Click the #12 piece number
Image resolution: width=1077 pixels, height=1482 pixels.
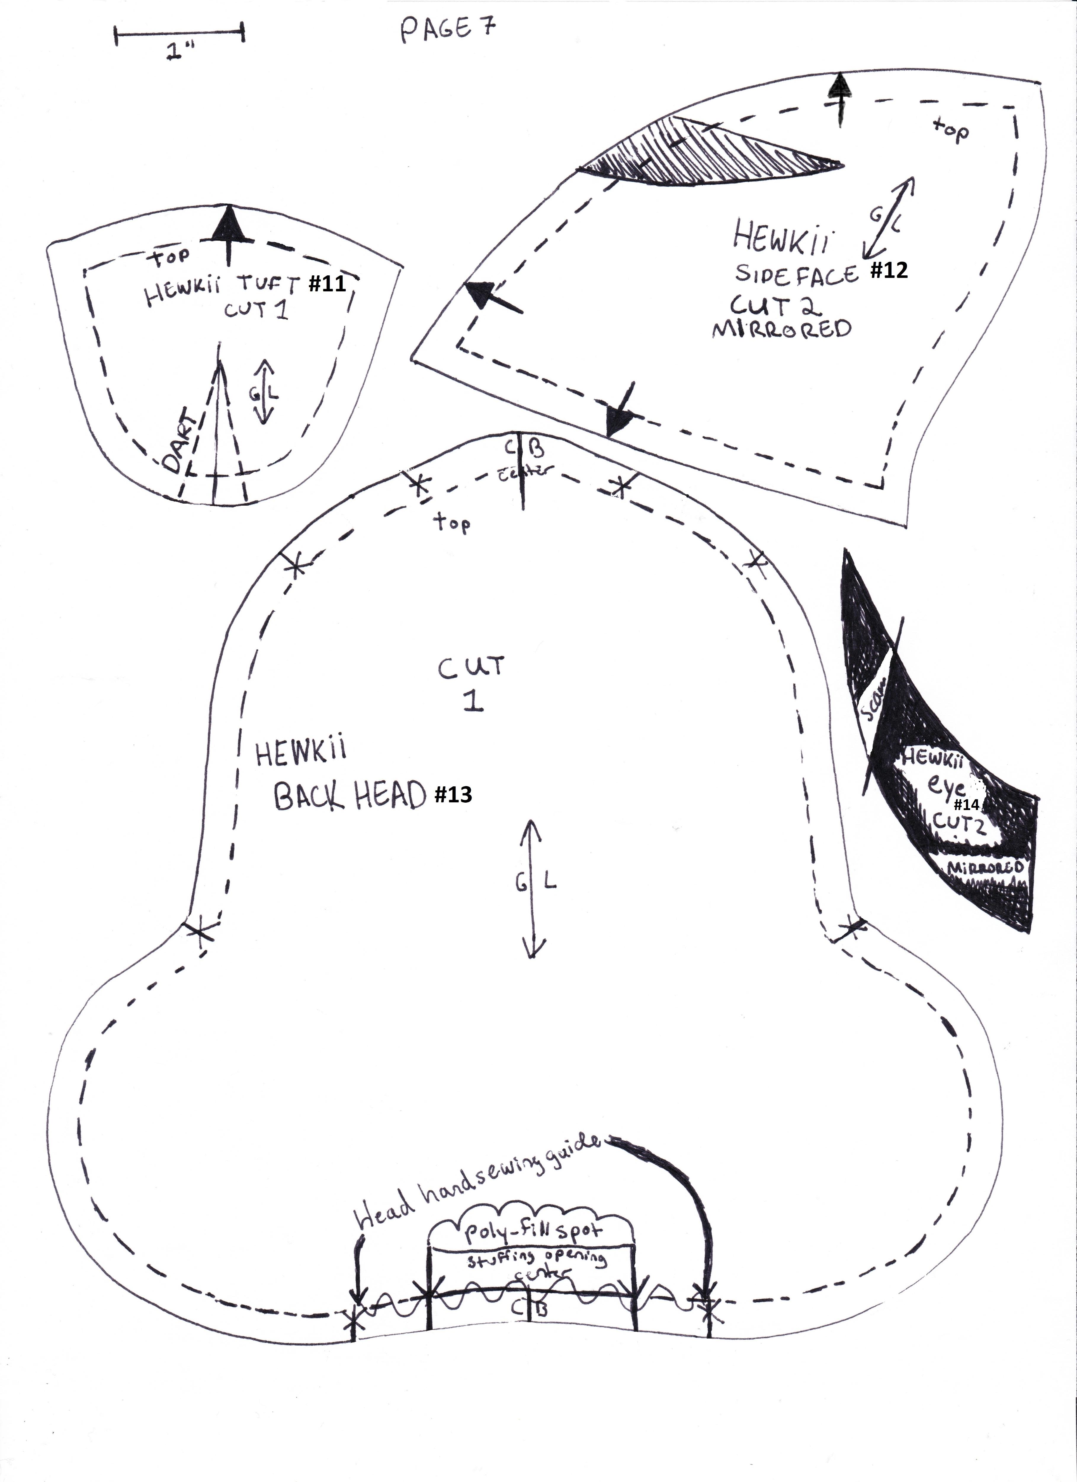(889, 270)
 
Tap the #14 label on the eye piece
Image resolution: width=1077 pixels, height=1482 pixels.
(967, 804)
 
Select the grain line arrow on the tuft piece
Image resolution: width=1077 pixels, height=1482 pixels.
(264, 392)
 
